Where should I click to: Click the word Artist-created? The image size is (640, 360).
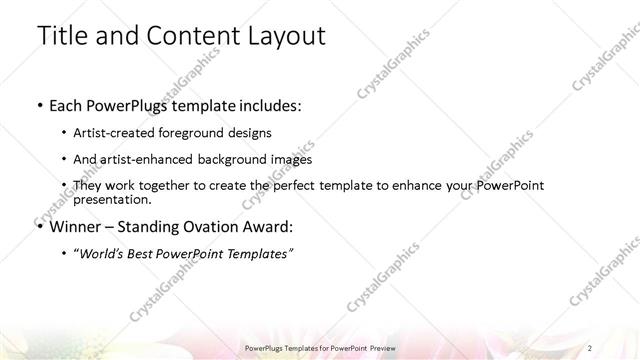[x=112, y=132]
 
